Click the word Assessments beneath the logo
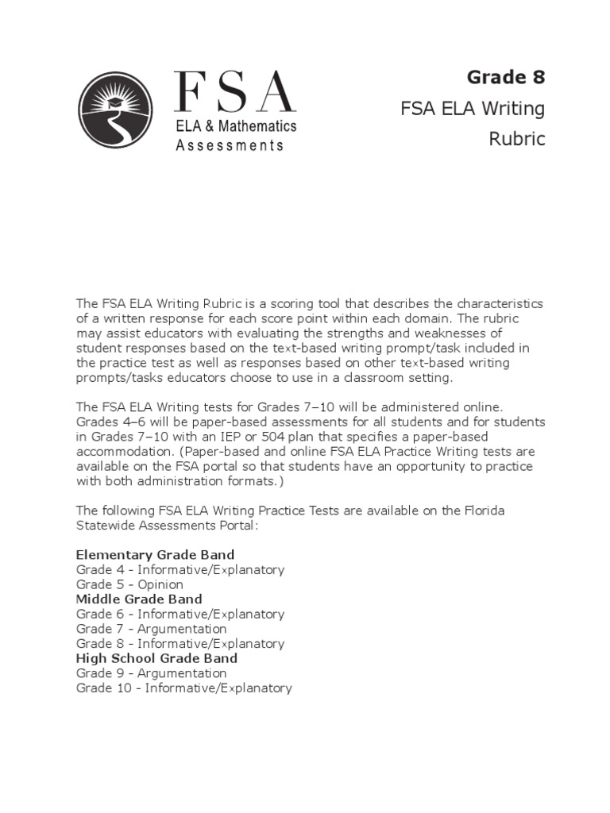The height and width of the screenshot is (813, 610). pyautogui.click(x=229, y=145)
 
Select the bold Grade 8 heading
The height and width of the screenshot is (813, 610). pyautogui.click(x=506, y=77)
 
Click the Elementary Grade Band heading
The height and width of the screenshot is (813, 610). pyautogui.click(x=155, y=554)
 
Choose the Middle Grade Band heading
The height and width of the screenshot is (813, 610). pyautogui.click(x=139, y=599)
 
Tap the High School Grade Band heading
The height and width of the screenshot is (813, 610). pyautogui.click(x=156, y=658)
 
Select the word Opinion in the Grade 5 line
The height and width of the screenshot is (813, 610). pyautogui.click(x=160, y=584)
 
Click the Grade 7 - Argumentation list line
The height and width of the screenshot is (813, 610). pyautogui.click(x=151, y=629)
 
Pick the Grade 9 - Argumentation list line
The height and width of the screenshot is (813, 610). pyautogui.click(x=151, y=673)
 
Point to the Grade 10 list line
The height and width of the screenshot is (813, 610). pyautogui.click(x=183, y=688)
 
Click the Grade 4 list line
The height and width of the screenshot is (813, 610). pyautogui.click(x=180, y=569)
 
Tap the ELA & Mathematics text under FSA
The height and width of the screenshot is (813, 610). pyautogui.click(x=236, y=127)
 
